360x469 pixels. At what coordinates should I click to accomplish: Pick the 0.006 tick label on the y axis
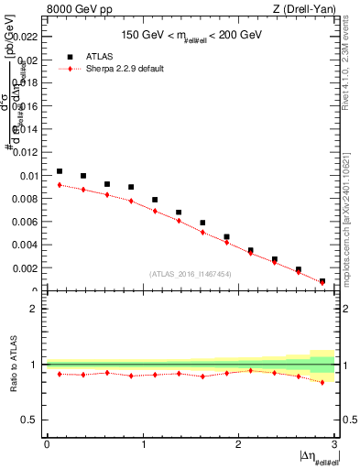26,222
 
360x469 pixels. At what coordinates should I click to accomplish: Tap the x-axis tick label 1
143,445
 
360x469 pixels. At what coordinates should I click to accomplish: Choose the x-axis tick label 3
334,445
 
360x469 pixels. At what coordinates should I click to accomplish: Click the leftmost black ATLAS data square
60,171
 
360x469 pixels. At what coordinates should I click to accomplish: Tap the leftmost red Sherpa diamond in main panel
60,185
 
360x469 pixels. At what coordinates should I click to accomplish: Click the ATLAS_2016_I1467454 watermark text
189,273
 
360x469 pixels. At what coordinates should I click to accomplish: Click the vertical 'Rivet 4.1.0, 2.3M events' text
352,64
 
